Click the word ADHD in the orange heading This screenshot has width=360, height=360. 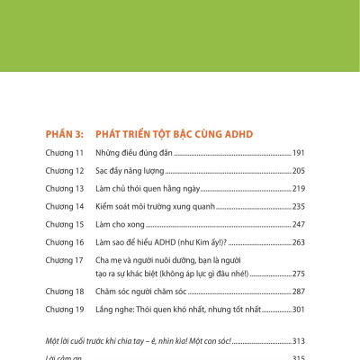[x=237, y=134]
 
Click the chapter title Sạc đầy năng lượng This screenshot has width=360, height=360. [x=130, y=171]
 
